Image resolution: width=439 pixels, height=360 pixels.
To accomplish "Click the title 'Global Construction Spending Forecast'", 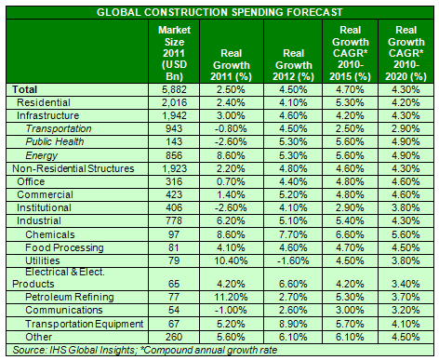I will [x=219, y=11].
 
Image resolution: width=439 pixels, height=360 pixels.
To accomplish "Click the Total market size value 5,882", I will [x=175, y=88].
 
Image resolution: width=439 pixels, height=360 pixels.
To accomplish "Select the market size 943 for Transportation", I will [x=175, y=127].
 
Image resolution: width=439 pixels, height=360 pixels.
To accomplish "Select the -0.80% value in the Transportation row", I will [x=228, y=127].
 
